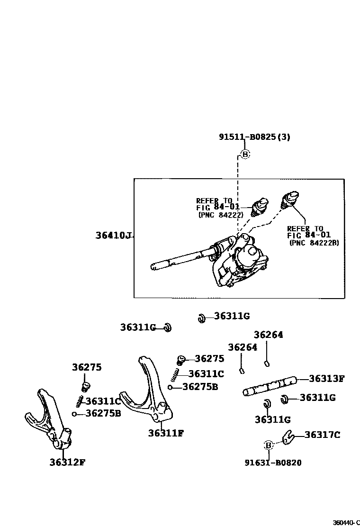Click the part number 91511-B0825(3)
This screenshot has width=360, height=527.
coord(254,137)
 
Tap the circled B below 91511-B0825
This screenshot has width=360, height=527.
coord(245,154)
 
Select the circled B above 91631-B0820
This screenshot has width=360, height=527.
coord(269,445)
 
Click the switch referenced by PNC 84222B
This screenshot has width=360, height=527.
coord(290,198)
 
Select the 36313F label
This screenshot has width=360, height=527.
coord(326,379)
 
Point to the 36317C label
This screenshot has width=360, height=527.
coord(322,435)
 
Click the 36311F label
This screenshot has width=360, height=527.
coord(166,432)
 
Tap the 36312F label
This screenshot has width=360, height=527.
coord(67,462)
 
